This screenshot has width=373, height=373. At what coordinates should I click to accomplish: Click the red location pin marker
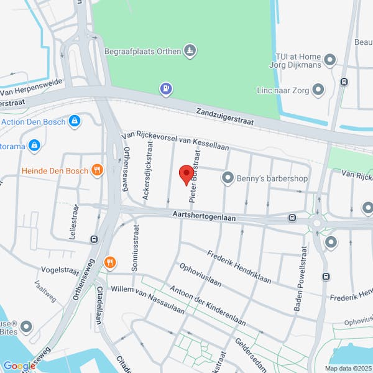tap(186, 174)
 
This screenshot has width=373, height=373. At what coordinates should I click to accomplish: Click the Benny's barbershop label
tap(272, 178)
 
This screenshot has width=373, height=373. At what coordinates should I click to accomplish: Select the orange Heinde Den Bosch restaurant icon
tap(96, 170)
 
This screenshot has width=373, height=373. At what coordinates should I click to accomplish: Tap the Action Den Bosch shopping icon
tap(75, 120)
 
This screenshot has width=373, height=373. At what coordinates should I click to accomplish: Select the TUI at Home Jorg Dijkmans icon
tap(330, 60)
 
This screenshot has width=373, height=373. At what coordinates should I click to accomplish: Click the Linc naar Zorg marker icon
tap(319, 91)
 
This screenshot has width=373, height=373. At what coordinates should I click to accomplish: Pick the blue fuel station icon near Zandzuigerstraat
tap(165, 89)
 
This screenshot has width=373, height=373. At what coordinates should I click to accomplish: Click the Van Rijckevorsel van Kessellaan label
tap(176, 140)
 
